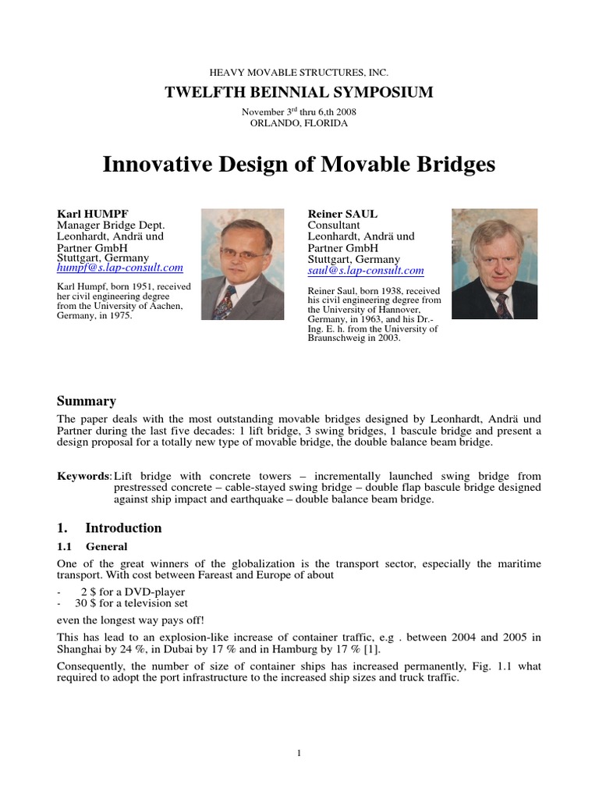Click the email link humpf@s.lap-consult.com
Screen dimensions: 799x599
click(x=120, y=268)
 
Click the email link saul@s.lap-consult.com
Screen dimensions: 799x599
click(x=366, y=271)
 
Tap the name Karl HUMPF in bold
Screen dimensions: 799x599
click(x=91, y=213)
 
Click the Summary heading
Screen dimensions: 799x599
click(x=87, y=401)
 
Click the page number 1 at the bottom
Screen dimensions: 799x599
click(x=299, y=753)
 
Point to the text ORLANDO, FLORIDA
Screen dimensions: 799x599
click(x=299, y=123)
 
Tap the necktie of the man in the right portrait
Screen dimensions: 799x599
click(x=502, y=304)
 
